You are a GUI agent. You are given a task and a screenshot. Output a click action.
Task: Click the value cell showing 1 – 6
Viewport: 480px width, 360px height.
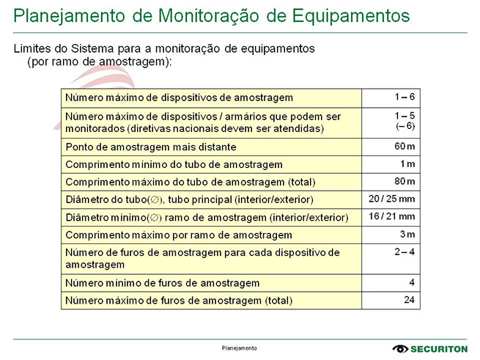point(404,96)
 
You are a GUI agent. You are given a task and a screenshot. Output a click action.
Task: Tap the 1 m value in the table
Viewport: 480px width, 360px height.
point(407,164)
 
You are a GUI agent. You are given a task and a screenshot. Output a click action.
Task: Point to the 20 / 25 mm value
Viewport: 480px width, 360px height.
point(392,199)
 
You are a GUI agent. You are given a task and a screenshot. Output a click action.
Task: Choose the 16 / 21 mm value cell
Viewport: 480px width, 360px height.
point(392,216)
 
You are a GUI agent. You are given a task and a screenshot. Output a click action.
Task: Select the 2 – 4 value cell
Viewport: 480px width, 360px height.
point(404,251)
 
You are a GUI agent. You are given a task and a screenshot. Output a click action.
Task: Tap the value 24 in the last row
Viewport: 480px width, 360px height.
point(409,300)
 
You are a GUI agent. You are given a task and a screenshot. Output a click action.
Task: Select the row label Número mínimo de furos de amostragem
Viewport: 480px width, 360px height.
point(162,283)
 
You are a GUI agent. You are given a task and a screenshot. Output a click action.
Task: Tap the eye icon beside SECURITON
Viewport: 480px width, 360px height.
point(401,349)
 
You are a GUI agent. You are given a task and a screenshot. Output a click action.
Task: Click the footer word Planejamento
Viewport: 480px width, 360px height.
point(240,348)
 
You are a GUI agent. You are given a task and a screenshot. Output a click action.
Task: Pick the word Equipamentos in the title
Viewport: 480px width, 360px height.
point(346,15)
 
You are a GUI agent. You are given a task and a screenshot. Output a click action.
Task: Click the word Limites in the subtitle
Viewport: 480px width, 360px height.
point(33,48)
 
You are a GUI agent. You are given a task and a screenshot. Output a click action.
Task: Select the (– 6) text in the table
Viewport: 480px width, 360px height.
point(405,127)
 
